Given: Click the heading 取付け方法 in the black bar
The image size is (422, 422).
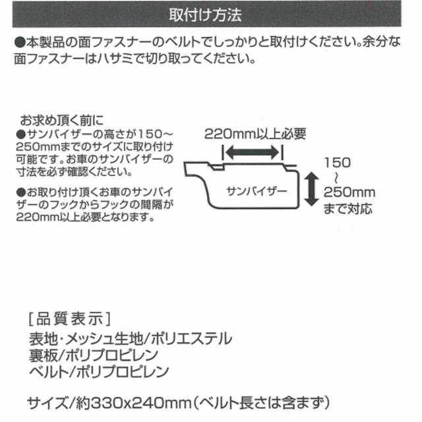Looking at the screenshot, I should tap(210, 14).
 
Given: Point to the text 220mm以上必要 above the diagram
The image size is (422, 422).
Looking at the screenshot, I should tap(255, 134).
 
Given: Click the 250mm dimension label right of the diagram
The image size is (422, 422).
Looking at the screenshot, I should tap(349, 193).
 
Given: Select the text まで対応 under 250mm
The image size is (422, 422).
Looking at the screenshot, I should tap(348, 210).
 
